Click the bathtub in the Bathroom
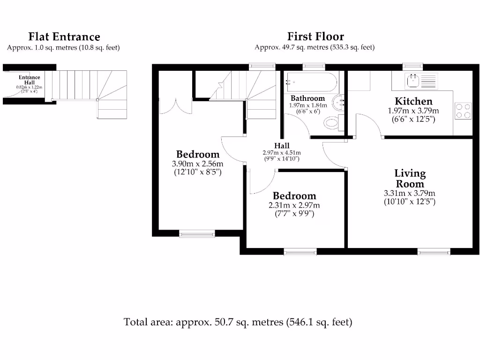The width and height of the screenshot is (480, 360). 310,82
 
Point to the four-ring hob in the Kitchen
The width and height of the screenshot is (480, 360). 463,111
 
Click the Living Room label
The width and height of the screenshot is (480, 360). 410,179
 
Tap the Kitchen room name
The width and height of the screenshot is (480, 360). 413,101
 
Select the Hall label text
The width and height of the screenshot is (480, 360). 282,146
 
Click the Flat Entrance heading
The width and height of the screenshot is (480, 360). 64,37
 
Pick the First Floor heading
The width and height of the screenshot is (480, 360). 315,37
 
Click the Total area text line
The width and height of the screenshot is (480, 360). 238,322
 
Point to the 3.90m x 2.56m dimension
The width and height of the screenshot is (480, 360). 197,164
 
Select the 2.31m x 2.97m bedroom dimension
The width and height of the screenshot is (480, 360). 294,205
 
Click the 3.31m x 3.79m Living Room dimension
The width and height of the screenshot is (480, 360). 410,193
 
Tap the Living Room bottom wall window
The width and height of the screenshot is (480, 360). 434,252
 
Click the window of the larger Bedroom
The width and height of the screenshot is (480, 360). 197,233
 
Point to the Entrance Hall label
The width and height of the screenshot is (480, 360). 29,80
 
